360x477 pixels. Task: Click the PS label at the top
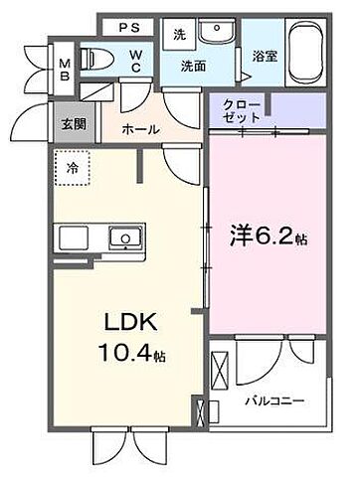[130, 27]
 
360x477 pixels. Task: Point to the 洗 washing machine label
[179, 33]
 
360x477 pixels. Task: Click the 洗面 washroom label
[192, 67]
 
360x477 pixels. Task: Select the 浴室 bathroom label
[265, 58]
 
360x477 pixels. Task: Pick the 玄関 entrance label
[73, 124]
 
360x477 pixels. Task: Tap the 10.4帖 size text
[129, 354]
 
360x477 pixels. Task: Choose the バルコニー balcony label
[273, 401]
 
